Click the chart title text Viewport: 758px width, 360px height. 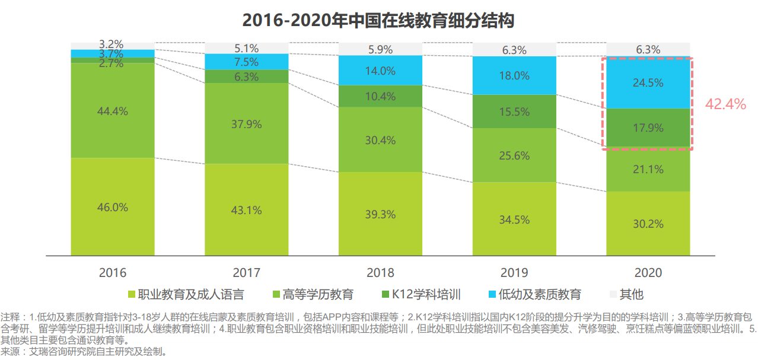(x=378, y=20)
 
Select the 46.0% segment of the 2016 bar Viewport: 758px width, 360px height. (x=113, y=207)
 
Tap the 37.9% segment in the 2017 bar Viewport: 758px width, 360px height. (x=247, y=124)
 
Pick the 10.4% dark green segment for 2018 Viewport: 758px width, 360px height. (x=380, y=96)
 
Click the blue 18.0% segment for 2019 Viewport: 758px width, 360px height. (x=514, y=75)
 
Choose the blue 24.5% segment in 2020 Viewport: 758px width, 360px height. (x=648, y=83)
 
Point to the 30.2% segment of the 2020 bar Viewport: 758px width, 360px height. (x=648, y=224)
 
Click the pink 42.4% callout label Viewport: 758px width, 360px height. (x=725, y=104)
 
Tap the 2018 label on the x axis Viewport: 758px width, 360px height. (x=380, y=273)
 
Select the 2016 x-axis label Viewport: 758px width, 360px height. (x=113, y=273)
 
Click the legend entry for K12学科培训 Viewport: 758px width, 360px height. (x=422, y=294)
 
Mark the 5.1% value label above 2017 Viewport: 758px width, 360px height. (x=247, y=48)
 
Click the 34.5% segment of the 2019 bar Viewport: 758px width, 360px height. (x=514, y=219)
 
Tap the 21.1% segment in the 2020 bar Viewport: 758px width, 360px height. (x=648, y=170)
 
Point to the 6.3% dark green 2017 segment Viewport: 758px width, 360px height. (x=247, y=77)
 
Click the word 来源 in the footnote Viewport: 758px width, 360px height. (x=10, y=352)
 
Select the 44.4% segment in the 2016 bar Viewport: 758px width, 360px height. (x=113, y=111)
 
